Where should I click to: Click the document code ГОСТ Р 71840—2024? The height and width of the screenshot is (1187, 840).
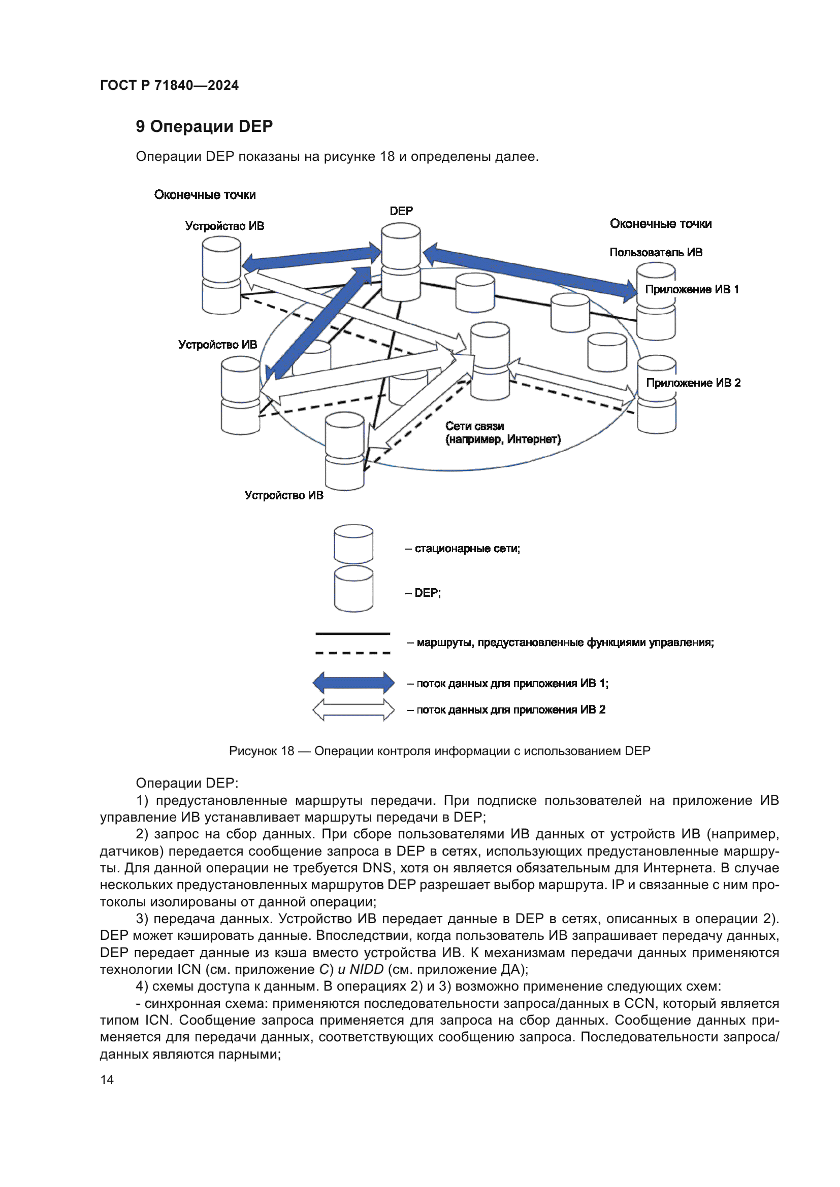[169, 85]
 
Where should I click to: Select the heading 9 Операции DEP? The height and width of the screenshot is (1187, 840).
[204, 126]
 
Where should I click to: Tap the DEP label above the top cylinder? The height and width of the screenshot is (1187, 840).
[401, 211]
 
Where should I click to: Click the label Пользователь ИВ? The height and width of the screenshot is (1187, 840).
[655, 252]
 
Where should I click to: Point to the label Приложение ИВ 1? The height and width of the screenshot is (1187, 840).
[692, 289]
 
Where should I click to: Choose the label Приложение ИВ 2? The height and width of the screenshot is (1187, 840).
[693, 383]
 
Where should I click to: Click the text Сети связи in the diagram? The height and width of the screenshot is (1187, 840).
[474, 426]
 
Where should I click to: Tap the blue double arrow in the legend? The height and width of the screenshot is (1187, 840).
[353, 683]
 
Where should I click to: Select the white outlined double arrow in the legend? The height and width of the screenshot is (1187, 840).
[353, 709]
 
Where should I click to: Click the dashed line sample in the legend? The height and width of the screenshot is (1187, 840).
[353, 653]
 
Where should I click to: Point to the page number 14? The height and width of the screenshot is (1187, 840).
[107, 1079]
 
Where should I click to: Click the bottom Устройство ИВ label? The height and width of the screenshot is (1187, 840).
[283, 495]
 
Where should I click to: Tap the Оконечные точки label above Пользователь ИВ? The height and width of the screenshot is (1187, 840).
[661, 224]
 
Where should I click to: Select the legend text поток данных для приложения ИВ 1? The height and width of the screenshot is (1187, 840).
[512, 684]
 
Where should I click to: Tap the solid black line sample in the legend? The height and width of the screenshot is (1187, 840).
[353, 633]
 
